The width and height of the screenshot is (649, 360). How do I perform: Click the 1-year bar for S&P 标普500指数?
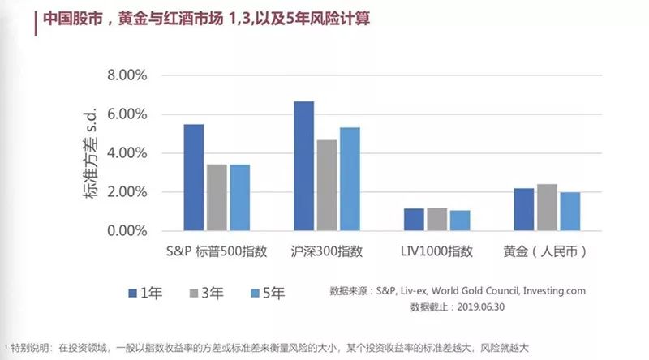[x=194, y=178]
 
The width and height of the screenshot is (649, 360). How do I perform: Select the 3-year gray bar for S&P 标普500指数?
[x=217, y=198]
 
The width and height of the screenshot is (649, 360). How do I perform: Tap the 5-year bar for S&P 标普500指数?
[x=239, y=198]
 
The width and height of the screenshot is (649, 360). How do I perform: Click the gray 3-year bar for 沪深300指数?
[x=326, y=186]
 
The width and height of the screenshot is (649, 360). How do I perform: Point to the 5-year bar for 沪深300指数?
[x=350, y=179]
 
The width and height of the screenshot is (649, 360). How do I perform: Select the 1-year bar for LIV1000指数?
[x=414, y=220]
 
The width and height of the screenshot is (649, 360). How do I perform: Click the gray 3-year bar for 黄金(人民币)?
[x=547, y=208]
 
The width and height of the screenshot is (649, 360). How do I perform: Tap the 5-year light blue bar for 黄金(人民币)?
[x=570, y=212]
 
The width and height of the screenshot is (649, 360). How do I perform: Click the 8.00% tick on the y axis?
[x=126, y=75]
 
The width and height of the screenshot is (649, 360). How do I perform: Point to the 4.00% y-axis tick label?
[x=126, y=153]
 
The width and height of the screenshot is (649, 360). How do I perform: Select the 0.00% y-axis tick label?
[x=126, y=231]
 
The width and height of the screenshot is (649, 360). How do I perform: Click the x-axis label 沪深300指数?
[x=327, y=251]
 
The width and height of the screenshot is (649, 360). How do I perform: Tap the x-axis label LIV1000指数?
[x=436, y=251]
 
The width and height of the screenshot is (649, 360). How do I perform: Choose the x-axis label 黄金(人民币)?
[x=548, y=251]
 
